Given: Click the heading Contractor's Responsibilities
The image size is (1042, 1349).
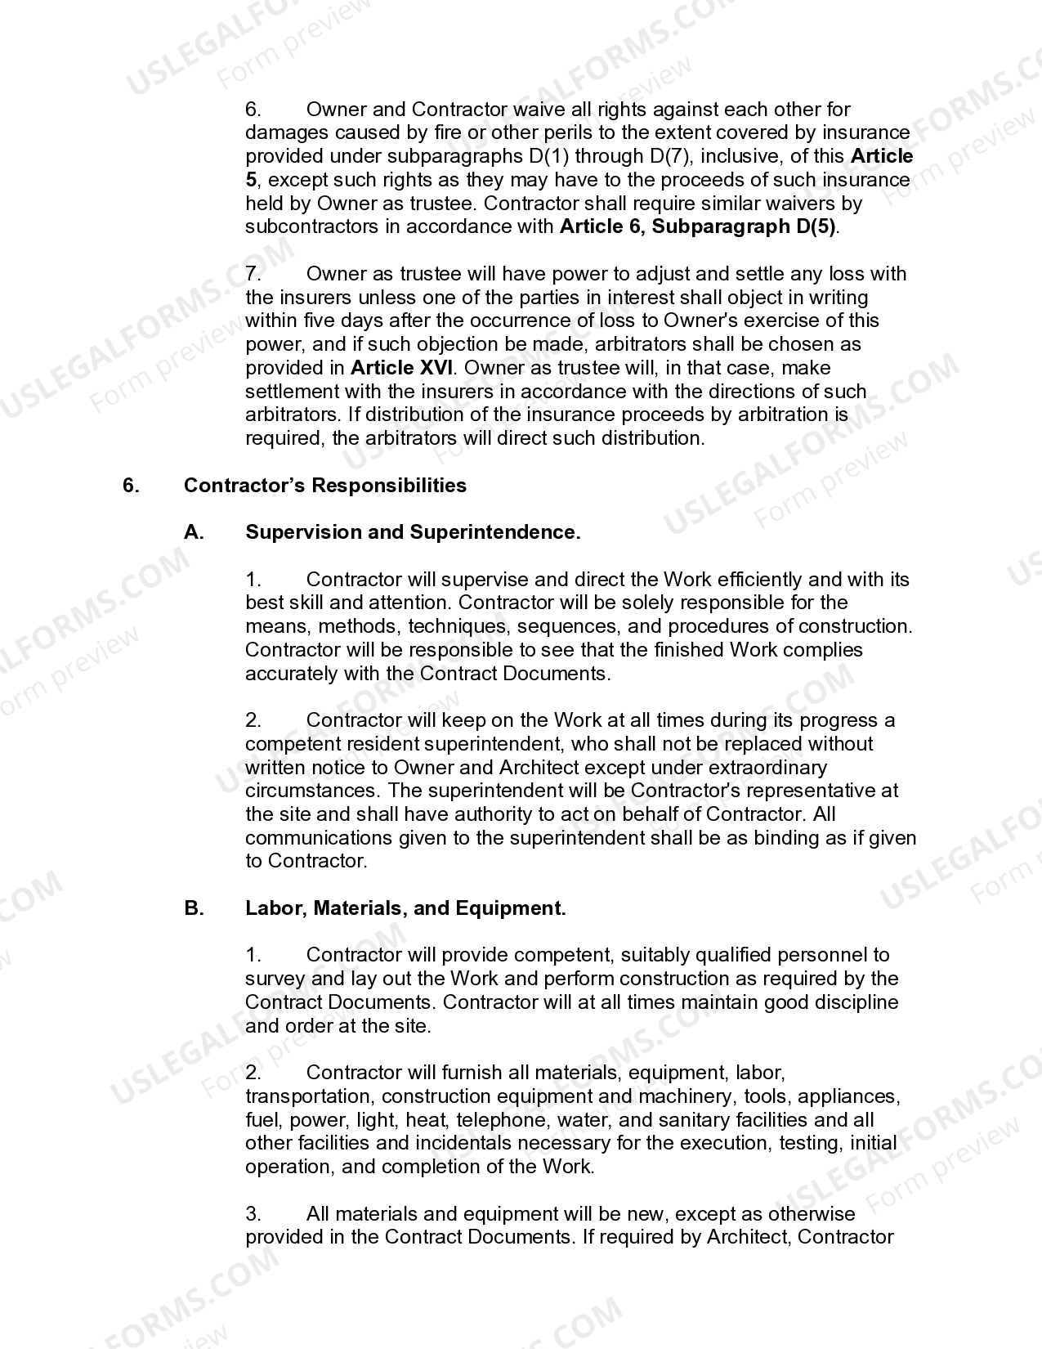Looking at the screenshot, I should (x=324, y=486).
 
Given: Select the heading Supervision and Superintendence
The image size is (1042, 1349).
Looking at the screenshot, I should (x=413, y=532).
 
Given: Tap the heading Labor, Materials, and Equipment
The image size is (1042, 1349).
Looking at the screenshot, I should (x=405, y=908).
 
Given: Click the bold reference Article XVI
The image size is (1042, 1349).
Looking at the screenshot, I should (x=401, y=368).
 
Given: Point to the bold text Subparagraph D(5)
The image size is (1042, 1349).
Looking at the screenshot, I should (x=744, y=226).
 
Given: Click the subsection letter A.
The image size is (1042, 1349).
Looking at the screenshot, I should (x=194, y=532).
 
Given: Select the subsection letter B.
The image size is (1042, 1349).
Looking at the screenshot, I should (x=194, y=908).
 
